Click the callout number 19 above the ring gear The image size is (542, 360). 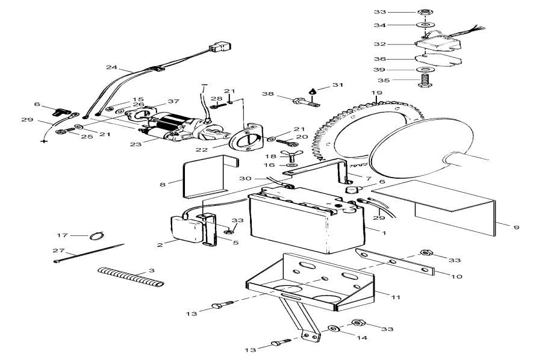pyautogui.click(x=376, y=93)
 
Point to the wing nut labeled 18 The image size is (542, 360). pyautogui.click(x=292, y=156)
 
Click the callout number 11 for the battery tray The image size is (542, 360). pyautogui.click(x=395, y=297)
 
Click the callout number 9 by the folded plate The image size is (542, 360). pyautogui.click(x=516, y=227)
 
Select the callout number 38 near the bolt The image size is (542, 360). pyautogui.click(x=267, y=94)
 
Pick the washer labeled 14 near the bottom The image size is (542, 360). pyautogui.click(x=332, y=329)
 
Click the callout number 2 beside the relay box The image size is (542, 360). pyautogui.click(x=160, y=244)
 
